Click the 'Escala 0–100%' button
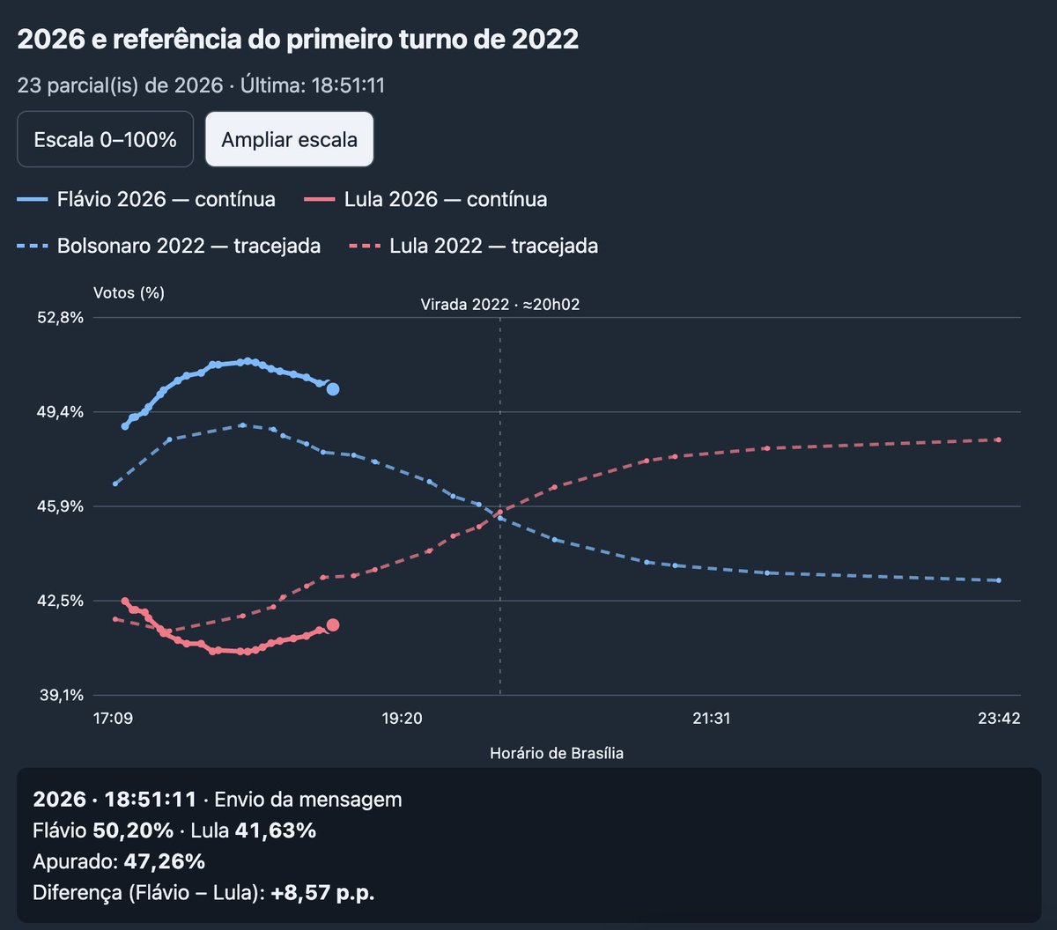[105, 139]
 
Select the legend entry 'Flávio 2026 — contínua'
[146, 199]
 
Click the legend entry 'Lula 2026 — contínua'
[425, 199]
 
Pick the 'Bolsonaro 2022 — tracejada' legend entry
[168, 246]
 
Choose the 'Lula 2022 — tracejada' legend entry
[474, 246]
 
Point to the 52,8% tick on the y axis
[61, 317]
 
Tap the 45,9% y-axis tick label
[61, 506]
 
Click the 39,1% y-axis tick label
[62, 695]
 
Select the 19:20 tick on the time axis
[402, 719]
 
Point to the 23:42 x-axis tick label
[999, 719]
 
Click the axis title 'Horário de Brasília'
[557, 753]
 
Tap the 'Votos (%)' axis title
[129, 292]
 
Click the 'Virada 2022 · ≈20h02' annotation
[499, 304]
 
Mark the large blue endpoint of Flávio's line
[333, 389]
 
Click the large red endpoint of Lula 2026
[333, 625]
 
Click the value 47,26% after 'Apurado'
[165, 861]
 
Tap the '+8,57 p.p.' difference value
[322, 892]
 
